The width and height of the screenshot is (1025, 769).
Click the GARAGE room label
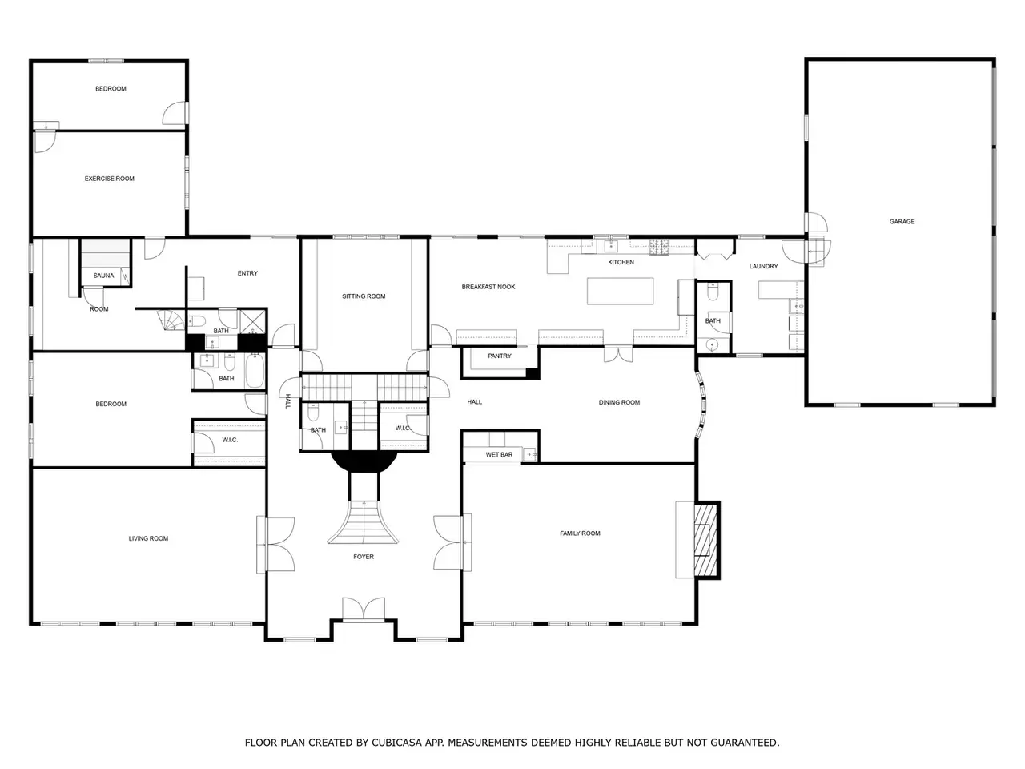coord(901,222)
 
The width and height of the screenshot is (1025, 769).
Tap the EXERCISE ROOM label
coord(109,179)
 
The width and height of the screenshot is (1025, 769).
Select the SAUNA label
coord(103,276)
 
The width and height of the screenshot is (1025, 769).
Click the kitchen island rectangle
coord(620,291)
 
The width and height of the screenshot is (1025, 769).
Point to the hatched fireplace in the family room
coord(705,540)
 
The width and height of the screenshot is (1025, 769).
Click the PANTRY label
coord(499,356)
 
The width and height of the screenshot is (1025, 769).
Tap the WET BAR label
coord(499,454)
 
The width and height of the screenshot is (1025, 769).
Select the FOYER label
coord(364,557)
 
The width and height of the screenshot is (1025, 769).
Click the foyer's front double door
coord(364,609)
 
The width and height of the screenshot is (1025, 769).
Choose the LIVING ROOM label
coord(148,538)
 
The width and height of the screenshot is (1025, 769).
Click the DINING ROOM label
coord(619,402)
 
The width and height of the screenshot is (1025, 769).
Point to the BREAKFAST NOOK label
coord(488,287)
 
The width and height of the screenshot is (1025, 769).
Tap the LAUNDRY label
coord(763,266)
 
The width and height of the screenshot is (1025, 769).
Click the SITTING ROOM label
coord(364,296)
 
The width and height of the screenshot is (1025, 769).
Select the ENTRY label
coord(247,273)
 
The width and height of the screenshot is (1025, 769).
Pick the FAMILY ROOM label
coord(580,533)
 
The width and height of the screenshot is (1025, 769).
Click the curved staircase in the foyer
coord(364,522)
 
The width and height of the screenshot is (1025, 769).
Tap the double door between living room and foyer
coord(275,545)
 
